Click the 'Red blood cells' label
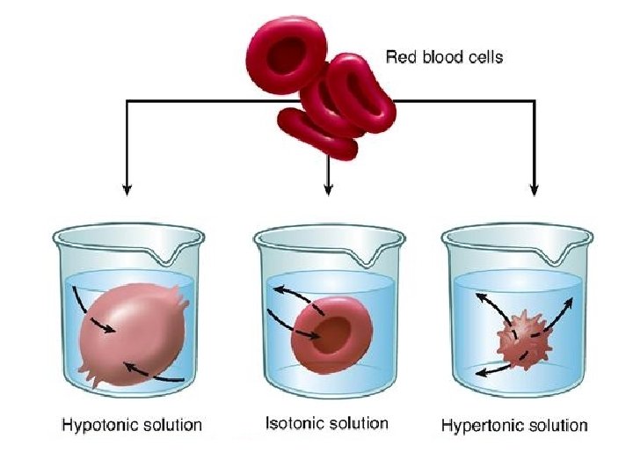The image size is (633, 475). pyautogui.click(x=444, y=58)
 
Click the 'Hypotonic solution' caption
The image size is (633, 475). pyautogui.click(x=132, y=425)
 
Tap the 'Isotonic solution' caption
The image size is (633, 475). pyautogui.click(x=326, y=423)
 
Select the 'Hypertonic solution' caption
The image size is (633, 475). pyautogui.click(x=513, y=426)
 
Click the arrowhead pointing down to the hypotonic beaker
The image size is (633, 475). pyautogui.click(x=127, y=187)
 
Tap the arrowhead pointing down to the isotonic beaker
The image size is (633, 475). pyautogui.click(x=329, y=188)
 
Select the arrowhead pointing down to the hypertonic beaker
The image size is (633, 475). pyautogui.click(x=534, y=188)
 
